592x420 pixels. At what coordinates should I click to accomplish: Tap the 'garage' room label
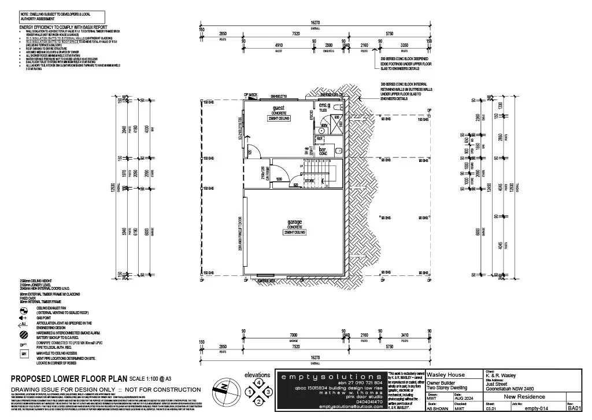[x=295, y=222]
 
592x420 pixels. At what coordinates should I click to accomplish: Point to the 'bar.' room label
[x=323, y=149]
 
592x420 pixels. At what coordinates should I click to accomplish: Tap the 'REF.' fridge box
[x=320, y=139]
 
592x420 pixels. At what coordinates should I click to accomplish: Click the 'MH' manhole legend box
[x=24, y=353]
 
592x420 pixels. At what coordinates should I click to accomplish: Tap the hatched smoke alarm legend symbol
[x=24, y=334]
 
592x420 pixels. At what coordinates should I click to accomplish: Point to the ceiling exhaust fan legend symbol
[x=24, y=310]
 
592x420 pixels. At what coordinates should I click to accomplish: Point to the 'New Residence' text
[x=524, y=396]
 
